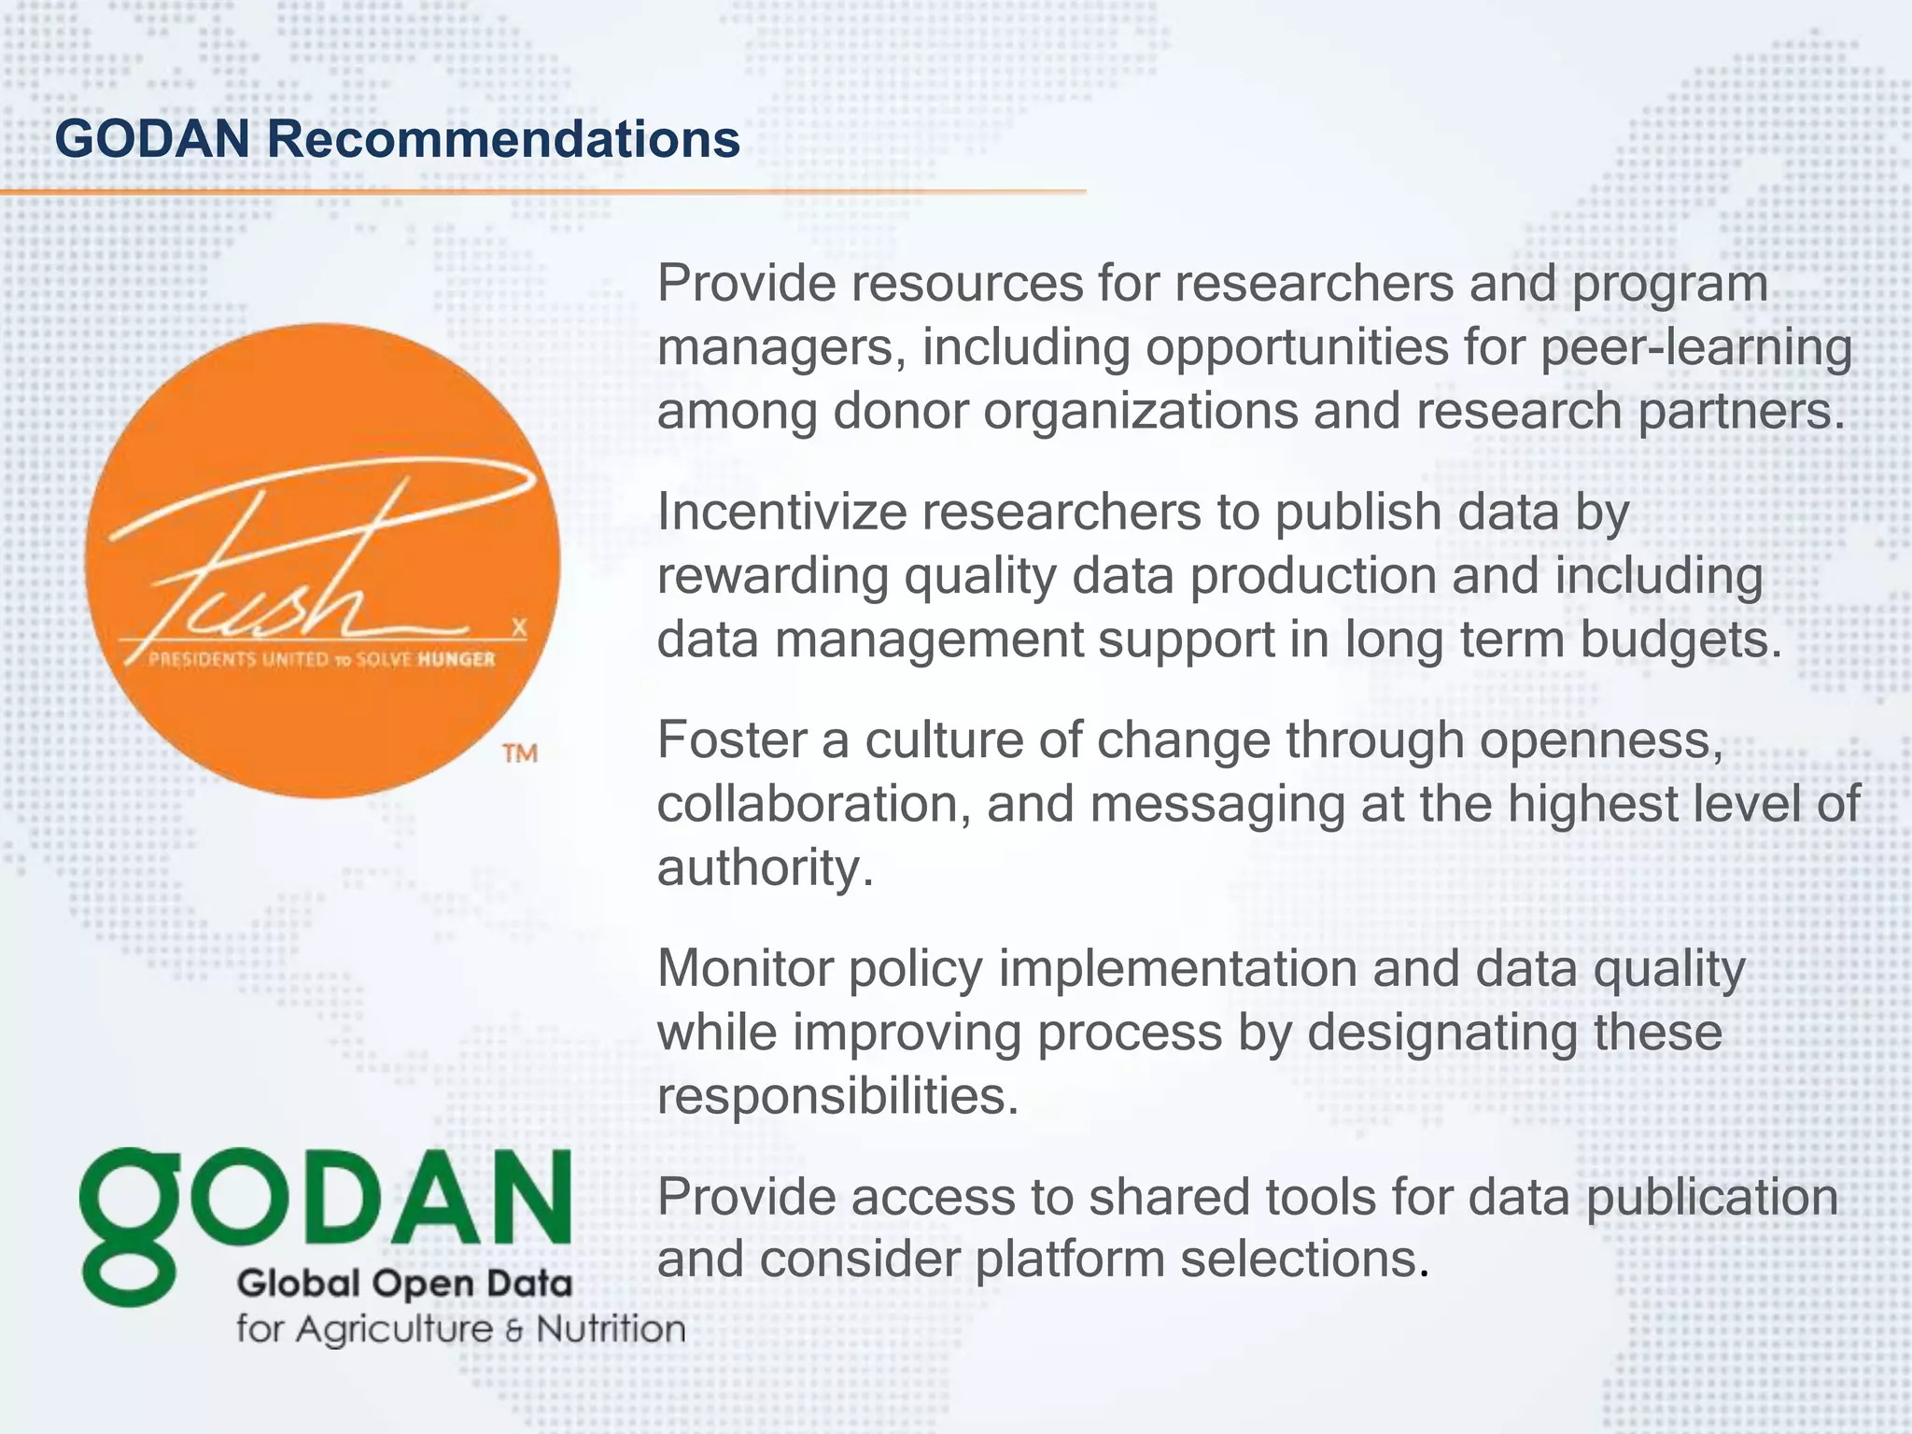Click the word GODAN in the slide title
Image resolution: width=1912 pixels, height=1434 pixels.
(153, 139)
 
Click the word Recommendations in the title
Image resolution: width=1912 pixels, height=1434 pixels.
(503, 139)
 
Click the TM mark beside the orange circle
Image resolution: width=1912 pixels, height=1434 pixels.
(520, 753)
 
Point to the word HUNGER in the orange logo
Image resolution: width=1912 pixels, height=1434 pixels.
(457, 660)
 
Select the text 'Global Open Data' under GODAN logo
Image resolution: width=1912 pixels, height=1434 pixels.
(404, 1284)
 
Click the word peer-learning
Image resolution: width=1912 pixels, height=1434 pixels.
(1695, 347)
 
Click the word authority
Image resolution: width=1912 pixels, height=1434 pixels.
(765, 867)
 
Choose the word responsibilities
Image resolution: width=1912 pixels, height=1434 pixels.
(836, 1095)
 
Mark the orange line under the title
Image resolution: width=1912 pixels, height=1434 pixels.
(541, 191)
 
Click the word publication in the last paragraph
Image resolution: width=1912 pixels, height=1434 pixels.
(1712, 1197)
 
